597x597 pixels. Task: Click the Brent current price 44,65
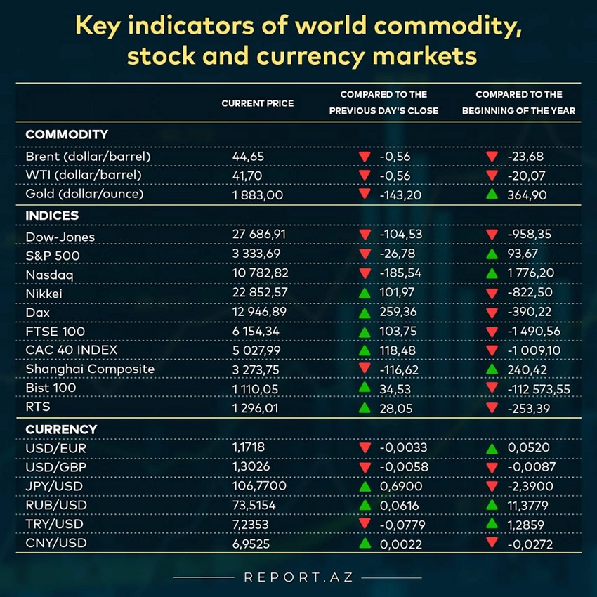[x=248, y=156]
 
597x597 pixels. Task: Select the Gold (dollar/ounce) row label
[x=84, y=195]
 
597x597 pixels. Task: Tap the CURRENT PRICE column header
[x=257, y=103]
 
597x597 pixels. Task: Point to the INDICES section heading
[x=52, y=216]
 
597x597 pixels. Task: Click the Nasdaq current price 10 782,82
[x=259, y=273]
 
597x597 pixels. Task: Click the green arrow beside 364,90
[x=492, y=194]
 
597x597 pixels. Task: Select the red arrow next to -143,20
[x=364, y=194]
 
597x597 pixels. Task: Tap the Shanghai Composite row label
[x=90, y=369]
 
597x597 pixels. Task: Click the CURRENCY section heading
[x=61, y=428]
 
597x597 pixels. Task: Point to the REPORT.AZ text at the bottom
[x=298, y=577]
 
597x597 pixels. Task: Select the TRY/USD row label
[x=54, y=523]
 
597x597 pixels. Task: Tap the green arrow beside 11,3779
[x=492, y=504]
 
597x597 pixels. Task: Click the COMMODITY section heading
[x=67, y=134]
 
